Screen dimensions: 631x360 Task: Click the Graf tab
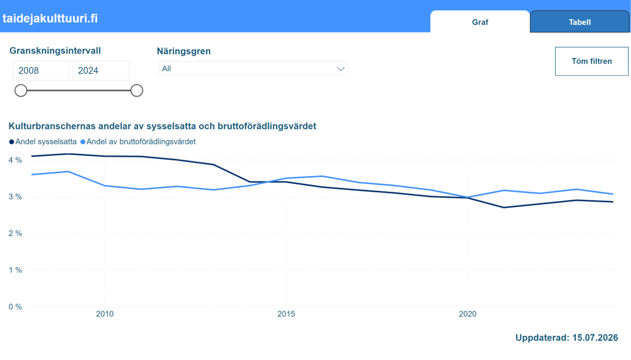479,22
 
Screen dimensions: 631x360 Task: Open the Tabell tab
579,22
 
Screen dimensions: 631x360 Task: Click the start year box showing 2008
41,70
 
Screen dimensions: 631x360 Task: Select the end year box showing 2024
101,70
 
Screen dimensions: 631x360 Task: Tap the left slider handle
21,90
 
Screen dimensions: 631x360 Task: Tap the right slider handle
136,90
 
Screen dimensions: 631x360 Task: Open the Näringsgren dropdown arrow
340,68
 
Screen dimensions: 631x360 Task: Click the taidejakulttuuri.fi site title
50,18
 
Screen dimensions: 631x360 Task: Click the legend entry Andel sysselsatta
43,141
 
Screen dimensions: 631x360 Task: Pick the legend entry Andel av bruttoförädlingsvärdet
138,141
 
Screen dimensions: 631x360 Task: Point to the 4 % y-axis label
15,160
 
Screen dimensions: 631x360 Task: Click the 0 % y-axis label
15,307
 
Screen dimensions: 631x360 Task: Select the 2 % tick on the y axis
15,233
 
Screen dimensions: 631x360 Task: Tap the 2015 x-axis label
286,314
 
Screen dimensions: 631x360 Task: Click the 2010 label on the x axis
105,314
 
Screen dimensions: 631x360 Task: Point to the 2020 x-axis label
467,314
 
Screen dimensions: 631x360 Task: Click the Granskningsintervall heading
55,50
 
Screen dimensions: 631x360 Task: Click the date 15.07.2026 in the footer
595,337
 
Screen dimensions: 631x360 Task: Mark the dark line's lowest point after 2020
503,207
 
